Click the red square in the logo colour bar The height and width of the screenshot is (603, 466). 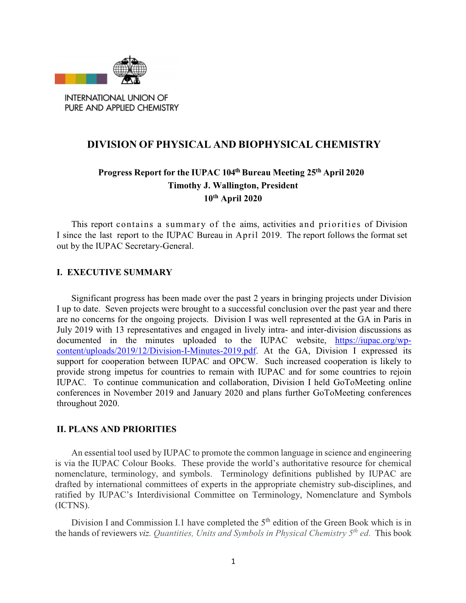[x=60, y=79]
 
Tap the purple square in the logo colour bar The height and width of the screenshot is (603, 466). [x=102, y=79]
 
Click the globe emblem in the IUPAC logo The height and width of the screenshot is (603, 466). [x=130, y=69]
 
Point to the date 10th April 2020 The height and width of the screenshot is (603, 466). [x=233, y=198]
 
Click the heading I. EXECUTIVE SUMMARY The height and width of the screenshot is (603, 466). [x=114, y=272]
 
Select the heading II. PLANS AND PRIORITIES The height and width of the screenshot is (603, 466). [x=116, y=429]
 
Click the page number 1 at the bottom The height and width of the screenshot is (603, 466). [x=233, y=561]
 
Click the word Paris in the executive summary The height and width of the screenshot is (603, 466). [x=390, y=319]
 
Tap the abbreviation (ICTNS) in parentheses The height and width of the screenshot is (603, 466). [x=72, y=505]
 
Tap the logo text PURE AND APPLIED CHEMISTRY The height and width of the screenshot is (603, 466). [x=122, y=108]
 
